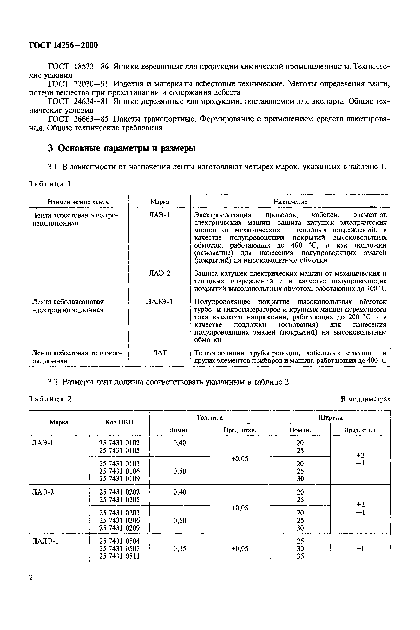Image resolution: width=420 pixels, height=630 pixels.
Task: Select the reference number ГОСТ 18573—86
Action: click(x=78, y=66)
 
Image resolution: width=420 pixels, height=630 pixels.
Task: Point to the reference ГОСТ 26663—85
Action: click(x=78, y=119)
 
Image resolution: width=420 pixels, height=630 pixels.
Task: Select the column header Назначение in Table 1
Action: click(x=290, y=202)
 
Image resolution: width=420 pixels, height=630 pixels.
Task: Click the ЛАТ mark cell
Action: click(x=159, y=353)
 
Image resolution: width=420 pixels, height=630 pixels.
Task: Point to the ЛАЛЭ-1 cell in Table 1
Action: click(x=159, y=302)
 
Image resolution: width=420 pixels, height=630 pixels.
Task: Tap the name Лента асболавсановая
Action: click(x=68, y=302)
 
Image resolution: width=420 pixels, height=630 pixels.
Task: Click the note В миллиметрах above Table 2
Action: click(x=365, y=399)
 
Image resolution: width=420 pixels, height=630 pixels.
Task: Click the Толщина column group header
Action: click(x=210, y=417)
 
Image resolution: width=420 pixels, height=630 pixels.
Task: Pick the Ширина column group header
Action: click(x=330, y=417)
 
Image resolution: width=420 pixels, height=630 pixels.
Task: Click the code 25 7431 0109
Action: click(x=120, y=479)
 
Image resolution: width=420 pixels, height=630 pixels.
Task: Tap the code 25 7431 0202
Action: click(x=120, y=492)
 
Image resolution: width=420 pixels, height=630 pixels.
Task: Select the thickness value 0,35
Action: click(x=179, y=549)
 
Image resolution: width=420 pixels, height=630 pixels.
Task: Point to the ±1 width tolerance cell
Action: click(x=360, y=549)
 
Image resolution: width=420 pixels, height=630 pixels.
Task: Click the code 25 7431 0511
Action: click(x=120, y=556)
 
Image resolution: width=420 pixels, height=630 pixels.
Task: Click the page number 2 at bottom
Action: click(x=31, y=578)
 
